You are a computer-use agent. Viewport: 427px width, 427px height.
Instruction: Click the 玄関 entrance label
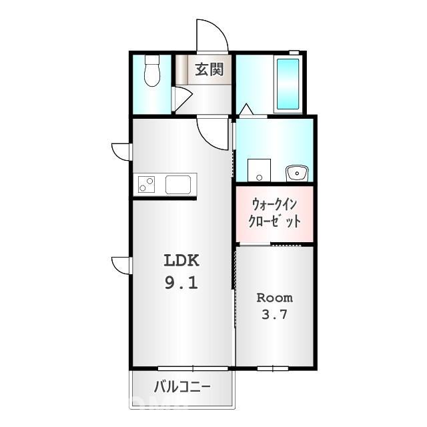pyautogui.click(x=209, y=69)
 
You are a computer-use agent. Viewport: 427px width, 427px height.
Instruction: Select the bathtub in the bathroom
pyautogui.click(x=288, y=84)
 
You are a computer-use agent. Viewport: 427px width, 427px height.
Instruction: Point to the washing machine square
pyautogui.click(x=258, y=170)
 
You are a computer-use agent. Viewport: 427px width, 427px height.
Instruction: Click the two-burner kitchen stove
pyautogui.click(x=146, y=183)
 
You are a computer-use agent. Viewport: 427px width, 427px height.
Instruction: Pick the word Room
pyautogui.click(x=274, y=298)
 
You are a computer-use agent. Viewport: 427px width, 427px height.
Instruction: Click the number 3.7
pyautogui.click(x=274, y=315)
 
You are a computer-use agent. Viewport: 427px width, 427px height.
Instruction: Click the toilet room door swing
pyautogui.click(x=180, y=97)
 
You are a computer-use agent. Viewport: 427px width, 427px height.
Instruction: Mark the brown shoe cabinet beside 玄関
pyautogui.click(x=181, y=69)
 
